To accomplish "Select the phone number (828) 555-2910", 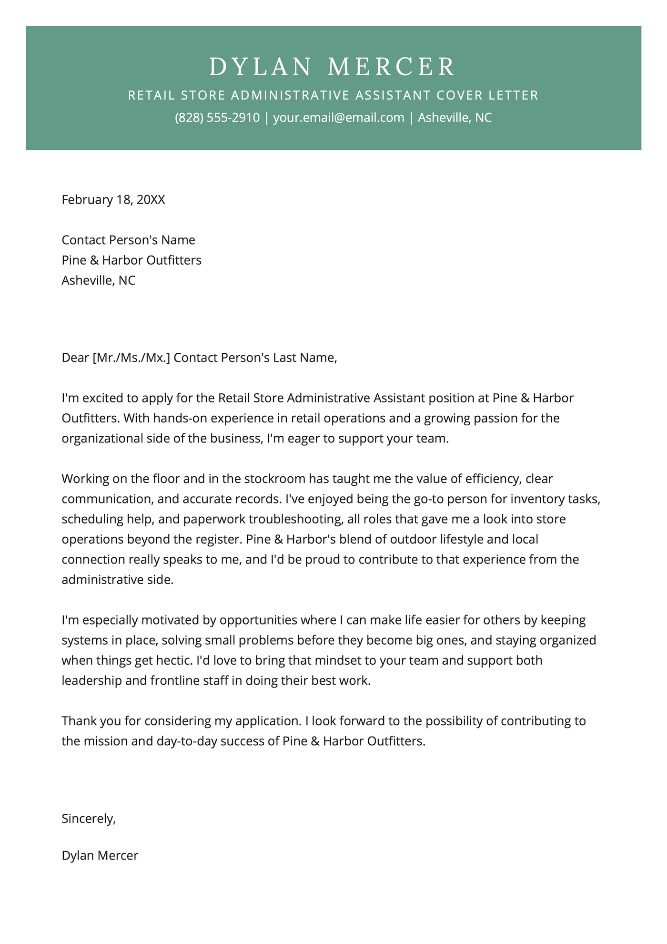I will click(217, 118).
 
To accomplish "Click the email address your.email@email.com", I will click(338, 118).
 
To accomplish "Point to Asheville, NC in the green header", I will click(455, 118).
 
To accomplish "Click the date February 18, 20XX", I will click(113, 199).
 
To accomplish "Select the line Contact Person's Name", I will click(129, 240).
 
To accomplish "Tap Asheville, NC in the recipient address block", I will click(99, 280).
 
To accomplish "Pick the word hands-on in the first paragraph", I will click(180, 418).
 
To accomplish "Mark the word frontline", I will click(176, 680).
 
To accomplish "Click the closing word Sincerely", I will click(88, 819).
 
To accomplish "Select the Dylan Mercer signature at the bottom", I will click(100, 855).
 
